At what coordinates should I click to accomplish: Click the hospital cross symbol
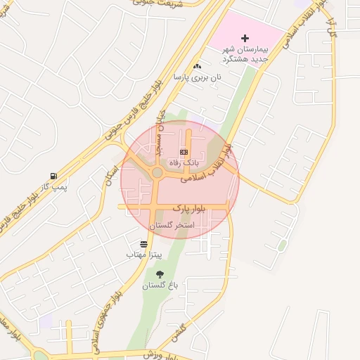pyautogui.click(x=245, y=37)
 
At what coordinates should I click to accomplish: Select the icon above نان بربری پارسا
pyautogui.click(x=198, y=66)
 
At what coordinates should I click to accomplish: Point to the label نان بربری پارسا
pyautogui.click(x=199, y=76)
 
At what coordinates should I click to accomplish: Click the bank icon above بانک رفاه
pyautogui.click(x=184, y=152)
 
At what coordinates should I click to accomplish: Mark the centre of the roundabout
pyautogui.click(x=157, y=172)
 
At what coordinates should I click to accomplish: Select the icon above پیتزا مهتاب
pyautogui.click(x=144, y=244)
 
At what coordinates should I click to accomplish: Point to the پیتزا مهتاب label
pyautogui.click(x=144, y=254)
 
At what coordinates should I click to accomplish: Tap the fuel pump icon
pyautogui.click(x=53, y=176)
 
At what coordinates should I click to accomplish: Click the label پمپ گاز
pyautogui.click(x=54, y=186)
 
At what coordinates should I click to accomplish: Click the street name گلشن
pyautogui.click(x=181, y=330)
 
